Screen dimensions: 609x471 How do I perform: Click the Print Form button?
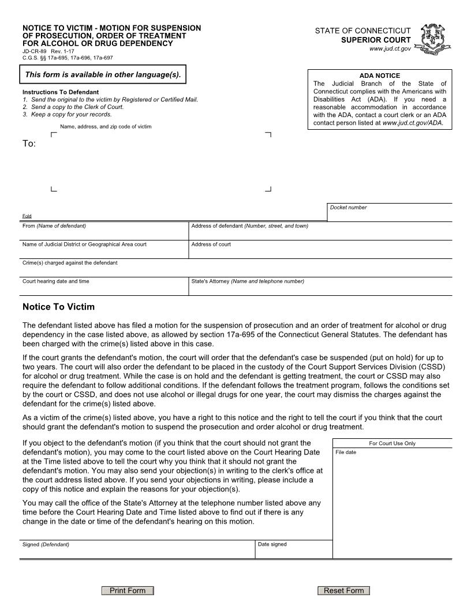(x=128, y=591)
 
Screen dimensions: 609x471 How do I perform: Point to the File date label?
(x=346, y=452)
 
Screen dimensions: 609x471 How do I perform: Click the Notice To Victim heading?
(x=58, y=307)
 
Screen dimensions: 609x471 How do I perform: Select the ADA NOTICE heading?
(x=379, y=76)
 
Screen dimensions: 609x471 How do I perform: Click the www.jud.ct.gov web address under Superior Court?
(x=390, y=50)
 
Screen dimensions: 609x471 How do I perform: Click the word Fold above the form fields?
(x=27, y=216)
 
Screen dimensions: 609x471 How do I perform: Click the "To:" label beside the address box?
(x=29, y=144)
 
